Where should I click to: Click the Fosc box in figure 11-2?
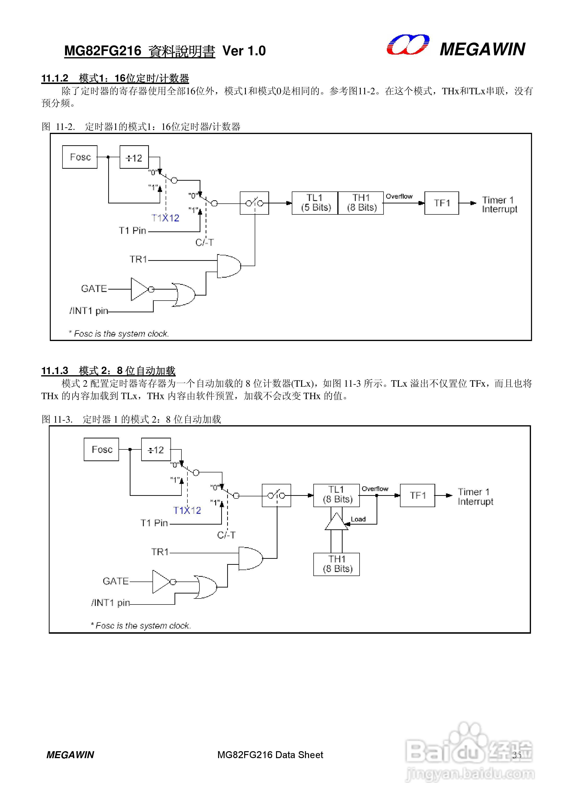coord(80,157)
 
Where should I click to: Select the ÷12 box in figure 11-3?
coord(156,449)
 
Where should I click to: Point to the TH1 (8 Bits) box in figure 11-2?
coord(361,203)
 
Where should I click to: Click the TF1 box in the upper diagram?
coord(441,203)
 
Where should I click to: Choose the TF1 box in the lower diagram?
coord(417,495)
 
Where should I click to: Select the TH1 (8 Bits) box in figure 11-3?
coord(336,564)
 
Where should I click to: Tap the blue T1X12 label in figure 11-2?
coord(165,218)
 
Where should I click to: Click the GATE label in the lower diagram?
coord(116,581)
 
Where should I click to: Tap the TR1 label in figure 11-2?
coord(138,259)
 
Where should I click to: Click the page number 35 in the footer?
coord(517,755)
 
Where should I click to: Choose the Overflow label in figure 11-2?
coord(399,196)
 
